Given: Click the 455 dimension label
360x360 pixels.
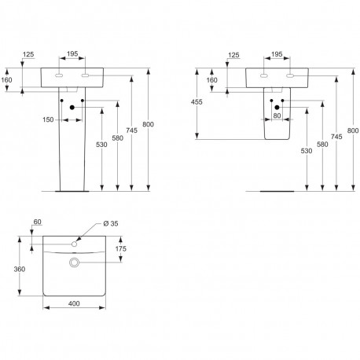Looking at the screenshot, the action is coord(197,101).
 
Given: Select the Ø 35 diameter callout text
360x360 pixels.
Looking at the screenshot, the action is coord(111,223).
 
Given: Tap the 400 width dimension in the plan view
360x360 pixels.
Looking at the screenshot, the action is coord(74,303).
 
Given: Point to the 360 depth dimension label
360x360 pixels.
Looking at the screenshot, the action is coord(20,269).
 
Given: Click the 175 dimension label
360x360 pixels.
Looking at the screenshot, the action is coord(121,248).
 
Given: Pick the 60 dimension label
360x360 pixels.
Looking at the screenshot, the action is coord(38,222).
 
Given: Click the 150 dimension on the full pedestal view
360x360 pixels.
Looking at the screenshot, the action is coord(48,119).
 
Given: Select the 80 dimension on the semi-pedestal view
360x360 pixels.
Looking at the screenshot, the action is coord(277,116).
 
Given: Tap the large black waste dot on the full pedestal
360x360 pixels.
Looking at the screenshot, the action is coord(72,108).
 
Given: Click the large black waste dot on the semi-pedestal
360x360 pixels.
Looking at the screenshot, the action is coord(277,108).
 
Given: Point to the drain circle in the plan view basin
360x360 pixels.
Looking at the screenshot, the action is coord(75,263).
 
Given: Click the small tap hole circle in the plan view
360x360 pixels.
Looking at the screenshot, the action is coord(74,244).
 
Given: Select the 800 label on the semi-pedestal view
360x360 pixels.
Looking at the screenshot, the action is coord(353,130).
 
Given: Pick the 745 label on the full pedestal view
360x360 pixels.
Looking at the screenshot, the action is coord(131,130).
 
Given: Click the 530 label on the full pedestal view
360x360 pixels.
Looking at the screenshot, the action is coord(101,145).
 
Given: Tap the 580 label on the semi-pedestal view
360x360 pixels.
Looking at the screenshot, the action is coord(322,144).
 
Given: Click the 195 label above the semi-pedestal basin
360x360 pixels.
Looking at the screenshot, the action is coord(277,54).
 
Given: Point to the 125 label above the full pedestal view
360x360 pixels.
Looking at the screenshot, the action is coord(28,54).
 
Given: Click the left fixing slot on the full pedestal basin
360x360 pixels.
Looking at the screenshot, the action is coord(59,75).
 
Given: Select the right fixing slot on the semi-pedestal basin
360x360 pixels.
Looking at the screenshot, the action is coord(290,76).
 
